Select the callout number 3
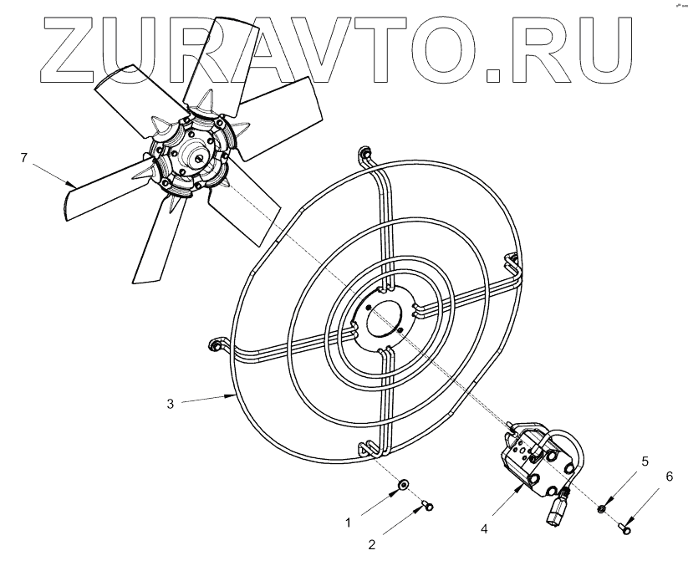tap(171, 404)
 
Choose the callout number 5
tap(645, 461)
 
